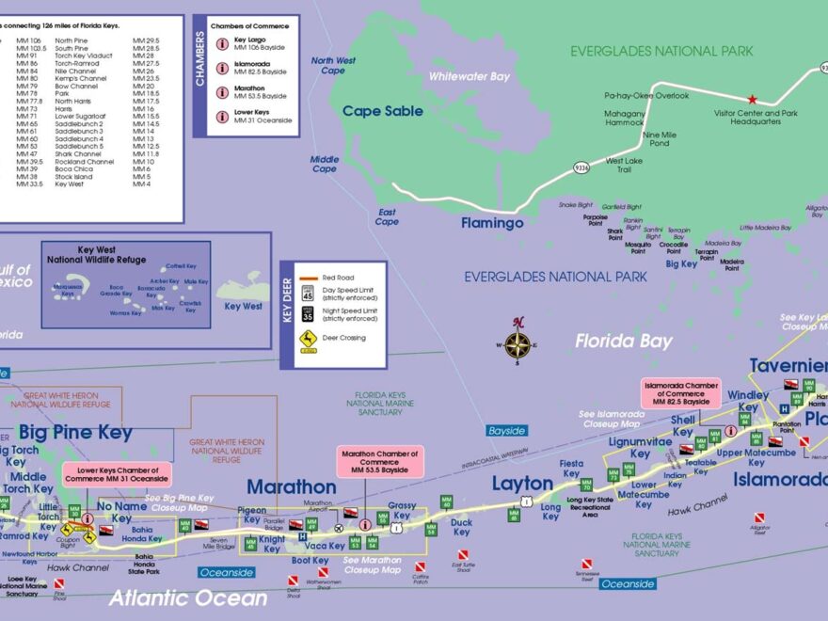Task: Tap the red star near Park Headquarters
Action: (x=752, y=99)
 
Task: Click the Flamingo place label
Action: (x=492, y=224)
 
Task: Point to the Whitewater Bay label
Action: (x=469, y=77)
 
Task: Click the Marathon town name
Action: (x=291, y=486)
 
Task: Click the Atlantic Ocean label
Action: (x=188, y=597)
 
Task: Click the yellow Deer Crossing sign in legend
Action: (x=308, y=338)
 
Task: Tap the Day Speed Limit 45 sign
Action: (x=308, y=295)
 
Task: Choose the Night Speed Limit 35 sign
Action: (x=308, y=315)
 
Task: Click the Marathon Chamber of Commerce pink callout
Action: (x=379, y=460)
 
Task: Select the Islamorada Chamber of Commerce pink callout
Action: (x=681, y=392)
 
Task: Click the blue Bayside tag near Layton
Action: (x=506, y=430)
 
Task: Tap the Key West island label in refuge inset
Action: (x=243, y=306)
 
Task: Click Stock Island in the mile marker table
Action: (x=73, y=176)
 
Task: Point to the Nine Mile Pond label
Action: (x=658, y=138)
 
